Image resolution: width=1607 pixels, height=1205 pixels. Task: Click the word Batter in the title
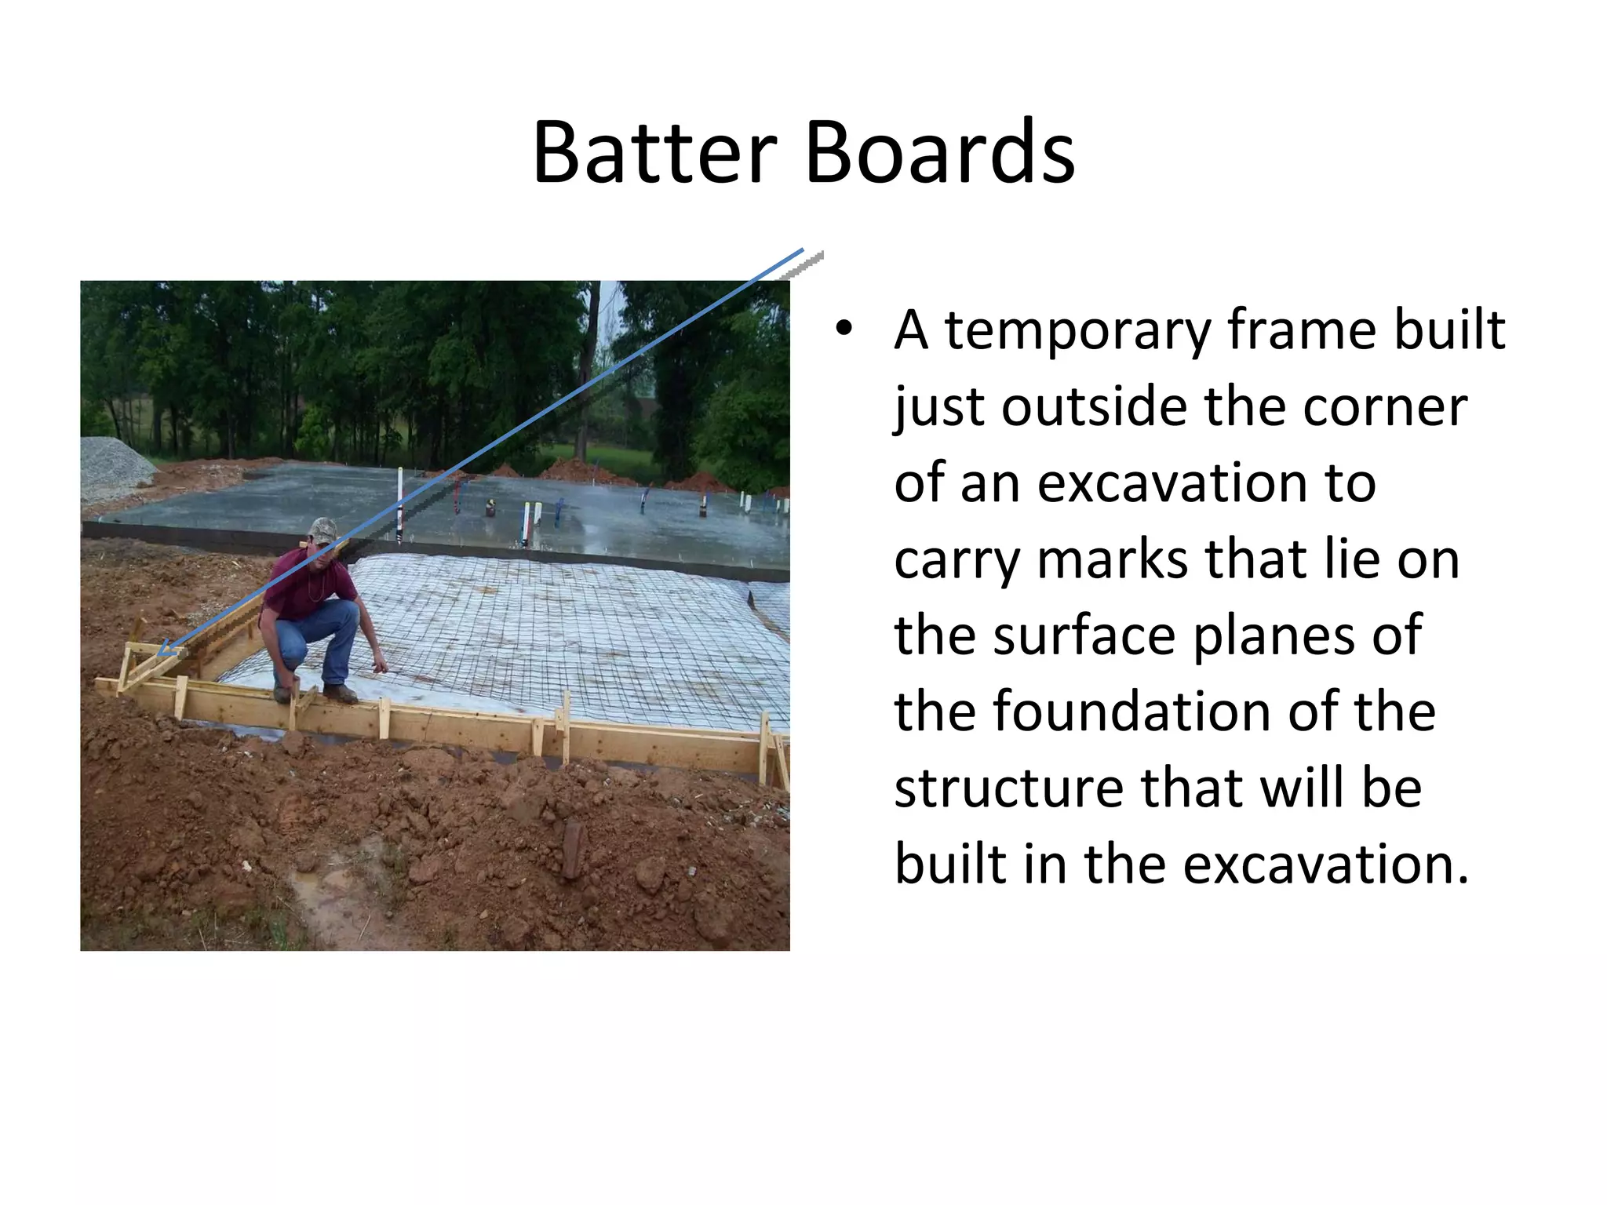point(654,153)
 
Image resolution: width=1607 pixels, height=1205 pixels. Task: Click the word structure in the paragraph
point(1009,788)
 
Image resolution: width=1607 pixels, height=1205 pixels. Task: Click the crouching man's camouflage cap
point(322,530)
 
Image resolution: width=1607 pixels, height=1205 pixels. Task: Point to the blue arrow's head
point(166,650)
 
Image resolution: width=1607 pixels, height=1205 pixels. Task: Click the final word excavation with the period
point(1325,865)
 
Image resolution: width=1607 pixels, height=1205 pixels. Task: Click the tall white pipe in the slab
point(399,502)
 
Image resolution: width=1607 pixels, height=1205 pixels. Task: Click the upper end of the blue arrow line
point(801,251)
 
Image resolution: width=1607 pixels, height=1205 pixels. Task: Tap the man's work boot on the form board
point(341,693)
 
